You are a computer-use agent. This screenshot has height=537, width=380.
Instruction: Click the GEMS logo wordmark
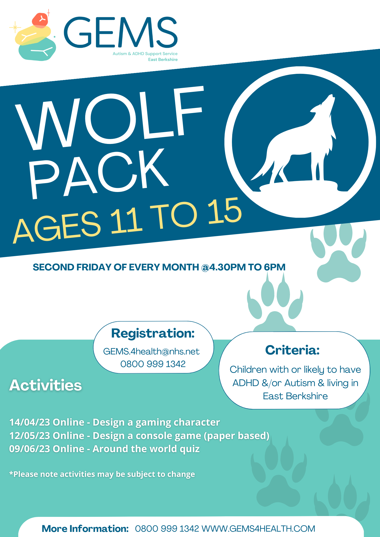tap(121, 32)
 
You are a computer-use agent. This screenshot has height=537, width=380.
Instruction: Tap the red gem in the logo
tap(40, 20)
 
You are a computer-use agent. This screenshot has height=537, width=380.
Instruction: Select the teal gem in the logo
tap(37, 49)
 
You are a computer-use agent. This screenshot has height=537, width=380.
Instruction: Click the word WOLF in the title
tap(109, 118)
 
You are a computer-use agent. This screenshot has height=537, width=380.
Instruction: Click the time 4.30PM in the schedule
tap(227, 267)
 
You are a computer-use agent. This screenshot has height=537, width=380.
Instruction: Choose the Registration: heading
tap(153, 333)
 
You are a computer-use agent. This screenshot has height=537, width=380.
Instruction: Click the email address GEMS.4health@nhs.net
tap(151, 351)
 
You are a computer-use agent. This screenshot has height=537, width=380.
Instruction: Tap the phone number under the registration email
tap(153, 364)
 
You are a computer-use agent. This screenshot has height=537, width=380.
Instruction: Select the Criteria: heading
tap(292, 350)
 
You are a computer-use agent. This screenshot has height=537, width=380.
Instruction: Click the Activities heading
tap(45, 385)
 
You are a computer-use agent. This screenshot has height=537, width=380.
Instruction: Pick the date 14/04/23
tap(30, 422)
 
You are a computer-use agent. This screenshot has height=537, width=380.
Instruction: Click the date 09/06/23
tap(30, 449)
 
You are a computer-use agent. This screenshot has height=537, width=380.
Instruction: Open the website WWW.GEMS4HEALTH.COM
tap(258, 528)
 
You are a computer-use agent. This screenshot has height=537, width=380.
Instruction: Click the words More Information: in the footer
tap(85, 528)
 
